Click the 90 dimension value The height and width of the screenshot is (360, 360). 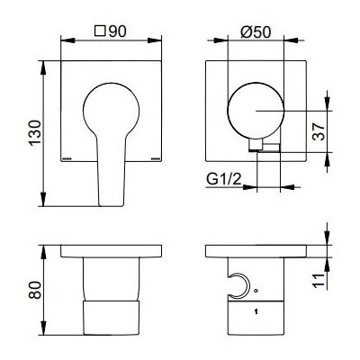click(117, 31)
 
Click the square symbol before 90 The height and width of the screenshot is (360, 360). click(100, 31)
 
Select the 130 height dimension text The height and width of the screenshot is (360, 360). click(35, 132)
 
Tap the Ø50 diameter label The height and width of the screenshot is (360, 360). click(256, 31)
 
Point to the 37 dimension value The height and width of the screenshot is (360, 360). click(319, 131)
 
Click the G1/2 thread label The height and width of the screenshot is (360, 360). click(224, 180)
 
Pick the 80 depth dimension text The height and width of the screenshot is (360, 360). click(35, 290)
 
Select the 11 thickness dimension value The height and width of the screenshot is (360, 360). click(319, 281)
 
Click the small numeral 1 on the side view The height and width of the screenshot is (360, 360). click(256, 312)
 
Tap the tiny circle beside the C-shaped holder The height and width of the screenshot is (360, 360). click(256, 291)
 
